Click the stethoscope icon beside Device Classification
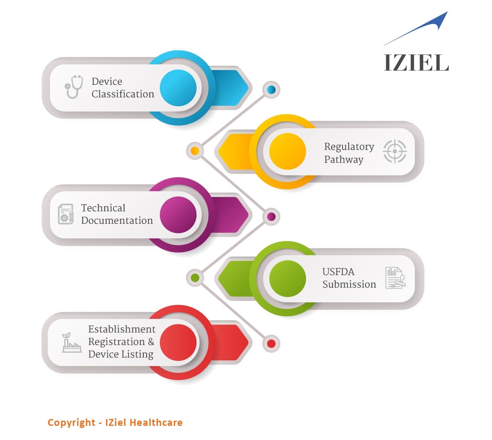pos(74,87)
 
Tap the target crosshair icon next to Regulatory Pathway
pos(395,152)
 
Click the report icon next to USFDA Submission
pos(395,278)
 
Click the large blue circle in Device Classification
pos(178,88)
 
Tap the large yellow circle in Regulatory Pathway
pos(288,152)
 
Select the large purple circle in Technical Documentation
pos(178,215)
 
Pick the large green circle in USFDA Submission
pos(288,279)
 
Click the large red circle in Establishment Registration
pos(178,342)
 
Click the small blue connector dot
pos(271,90)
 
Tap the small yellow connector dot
pos(195,151)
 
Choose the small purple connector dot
pos(271,217)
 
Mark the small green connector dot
pos(195,278)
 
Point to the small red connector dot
pos(271,344)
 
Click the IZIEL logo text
pos(416,63)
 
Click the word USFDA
pos(338,272)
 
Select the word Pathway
pos(344,160)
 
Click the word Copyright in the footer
pos(71,423)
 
